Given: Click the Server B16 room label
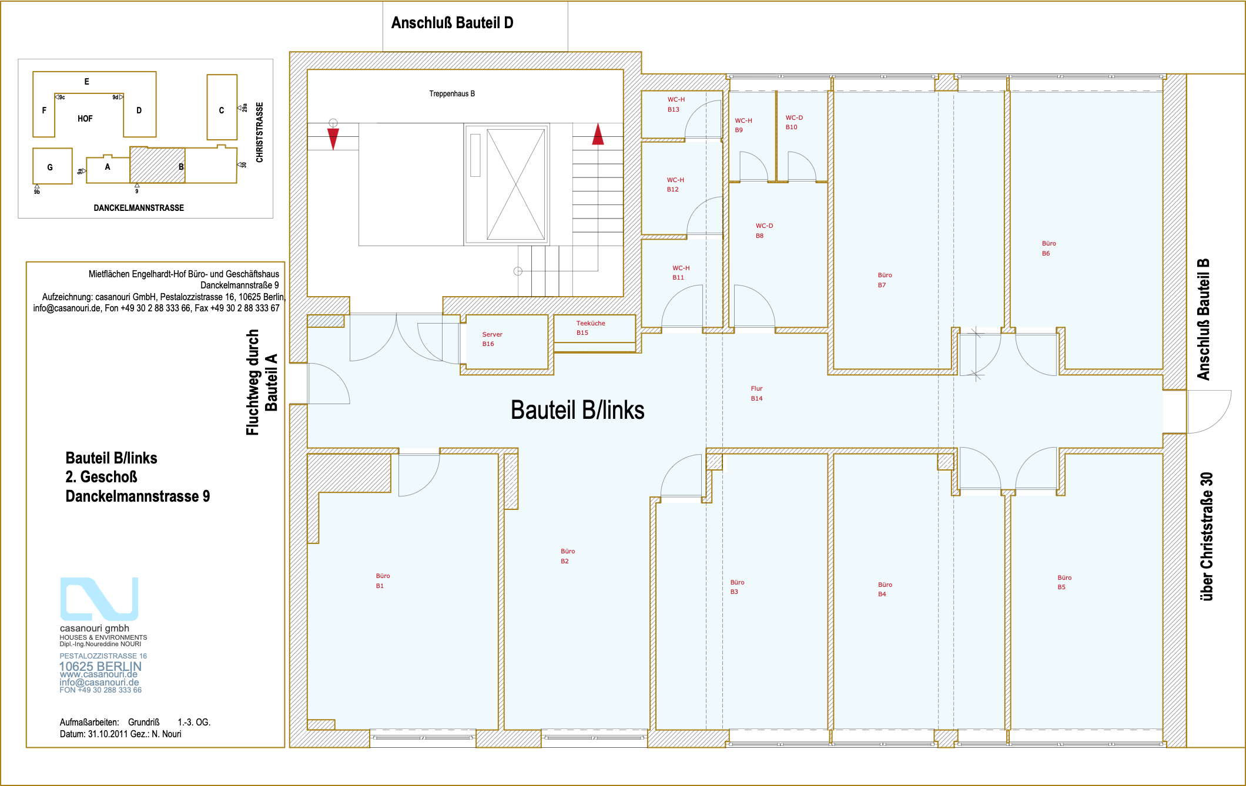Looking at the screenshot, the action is pos(492,339).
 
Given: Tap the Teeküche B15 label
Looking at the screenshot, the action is pos(590,328).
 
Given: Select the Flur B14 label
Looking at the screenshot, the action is pos(756,394).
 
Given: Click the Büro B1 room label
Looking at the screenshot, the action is pos(383,581).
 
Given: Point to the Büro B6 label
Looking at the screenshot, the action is pos(1049,248).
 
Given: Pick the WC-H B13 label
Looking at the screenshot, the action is pos(676,105).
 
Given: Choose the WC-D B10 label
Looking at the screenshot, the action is pos(794,122).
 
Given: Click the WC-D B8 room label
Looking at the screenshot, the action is pos(764,231).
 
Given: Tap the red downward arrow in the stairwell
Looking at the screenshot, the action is pos(333,139).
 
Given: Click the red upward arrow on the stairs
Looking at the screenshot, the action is pos(598,134).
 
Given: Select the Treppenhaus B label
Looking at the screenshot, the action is pos(452,93).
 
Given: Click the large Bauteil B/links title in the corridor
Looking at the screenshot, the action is pos(577,410).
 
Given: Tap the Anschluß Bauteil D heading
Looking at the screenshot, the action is pos(452,23).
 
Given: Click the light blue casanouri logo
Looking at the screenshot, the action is pos(99,599).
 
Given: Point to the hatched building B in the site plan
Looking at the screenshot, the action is pos(157,165).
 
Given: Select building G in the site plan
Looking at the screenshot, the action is pos(52,166).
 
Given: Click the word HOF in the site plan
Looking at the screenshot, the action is pos(85,119).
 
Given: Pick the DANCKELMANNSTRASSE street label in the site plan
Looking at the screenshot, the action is pos(139,208).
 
